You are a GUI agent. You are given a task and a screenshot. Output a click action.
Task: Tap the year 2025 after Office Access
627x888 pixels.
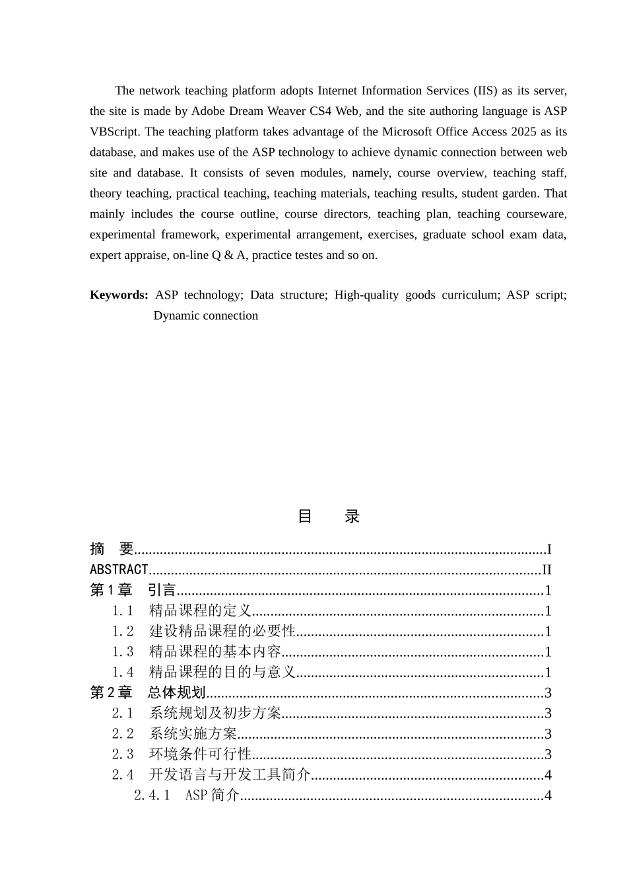(x=523, y=131)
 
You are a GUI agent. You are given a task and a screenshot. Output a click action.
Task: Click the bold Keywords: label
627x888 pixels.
(x=119, y=295)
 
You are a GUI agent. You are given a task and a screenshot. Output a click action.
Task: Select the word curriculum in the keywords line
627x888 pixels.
(x=471, y=295)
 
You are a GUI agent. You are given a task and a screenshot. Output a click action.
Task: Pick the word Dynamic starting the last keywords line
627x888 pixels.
(x=176, y=315)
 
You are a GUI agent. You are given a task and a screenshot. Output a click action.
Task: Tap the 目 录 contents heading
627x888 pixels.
(x=329, y=516)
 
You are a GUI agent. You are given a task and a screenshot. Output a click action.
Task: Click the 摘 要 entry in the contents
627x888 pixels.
(x=112, y=548)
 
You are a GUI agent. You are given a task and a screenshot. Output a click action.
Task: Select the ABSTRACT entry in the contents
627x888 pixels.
(x=119, y=569)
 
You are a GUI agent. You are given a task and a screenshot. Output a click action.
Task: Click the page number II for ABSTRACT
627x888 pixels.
(x=546, y=570)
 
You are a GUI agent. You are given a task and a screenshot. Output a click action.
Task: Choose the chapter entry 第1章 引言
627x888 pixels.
(x=133, y=590)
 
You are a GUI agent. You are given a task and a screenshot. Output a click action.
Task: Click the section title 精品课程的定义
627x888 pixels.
(x=201, y=610)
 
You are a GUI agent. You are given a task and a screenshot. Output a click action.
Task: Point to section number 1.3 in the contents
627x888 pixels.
(x=123, y=651)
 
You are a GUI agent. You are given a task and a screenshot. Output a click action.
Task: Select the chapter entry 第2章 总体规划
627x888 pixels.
(x=148, y=692)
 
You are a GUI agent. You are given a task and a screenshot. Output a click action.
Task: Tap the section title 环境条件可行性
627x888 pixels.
(x=201, y=754)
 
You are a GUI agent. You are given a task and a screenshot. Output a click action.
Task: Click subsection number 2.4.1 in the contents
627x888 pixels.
(x=152, y=795)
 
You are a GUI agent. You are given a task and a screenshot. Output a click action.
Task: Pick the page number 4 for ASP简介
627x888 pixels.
(x=548, y=795)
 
